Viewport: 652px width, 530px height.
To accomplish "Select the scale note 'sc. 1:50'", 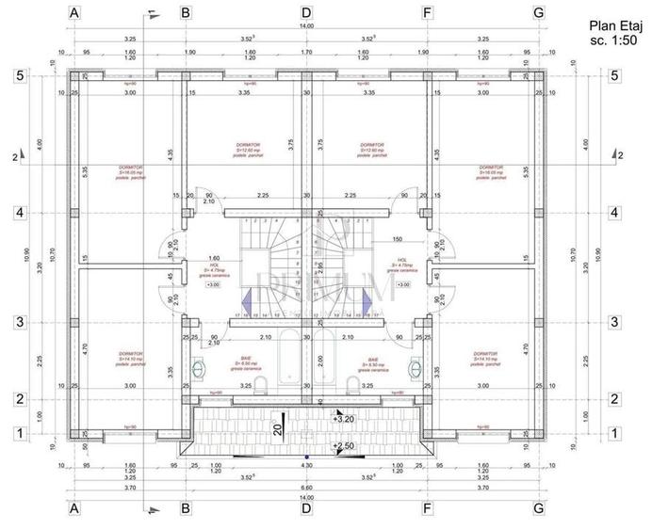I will click(x=610, y=41).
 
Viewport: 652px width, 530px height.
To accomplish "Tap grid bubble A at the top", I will click(x=74, y=13).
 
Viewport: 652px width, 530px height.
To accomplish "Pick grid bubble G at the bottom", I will click(x=538, y=508).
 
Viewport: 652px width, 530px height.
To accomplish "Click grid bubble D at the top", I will click(x=306, y=13).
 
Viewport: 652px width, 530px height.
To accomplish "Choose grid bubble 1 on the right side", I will click(x=616, y=433).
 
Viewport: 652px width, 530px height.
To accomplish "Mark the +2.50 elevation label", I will click(x=344, y=445).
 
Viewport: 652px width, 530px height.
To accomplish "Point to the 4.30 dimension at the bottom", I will click(x=306, y=466).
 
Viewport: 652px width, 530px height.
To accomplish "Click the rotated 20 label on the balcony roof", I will click(x=278, y=428).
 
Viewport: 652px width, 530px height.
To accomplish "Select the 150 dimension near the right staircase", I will click(x=397, y=239).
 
